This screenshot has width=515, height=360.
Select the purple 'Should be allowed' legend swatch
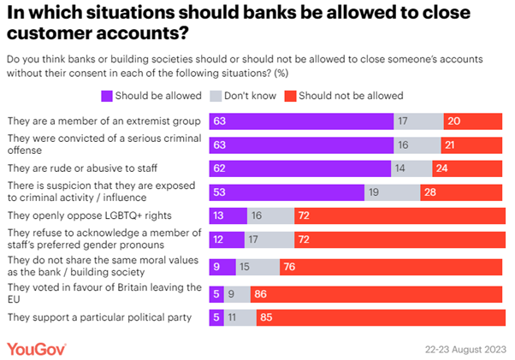click(107, 95)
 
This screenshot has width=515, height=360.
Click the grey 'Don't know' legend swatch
click(216, 95)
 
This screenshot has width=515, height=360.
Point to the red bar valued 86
click(376, 293)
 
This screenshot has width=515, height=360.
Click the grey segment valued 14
click(410, 168)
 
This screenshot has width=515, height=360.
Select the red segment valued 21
click(471, 145)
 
